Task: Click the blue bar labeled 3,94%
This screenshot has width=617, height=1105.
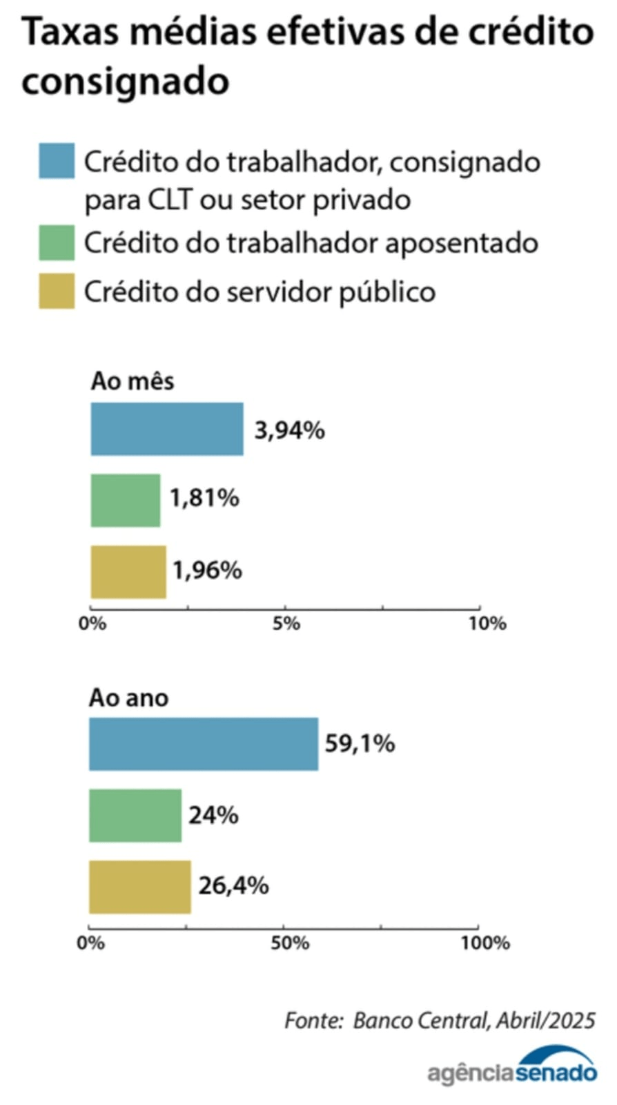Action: point(166,429)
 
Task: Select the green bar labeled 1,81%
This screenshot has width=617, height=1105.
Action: point(125,501)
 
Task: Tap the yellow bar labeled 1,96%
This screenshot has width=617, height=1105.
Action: point(128,572)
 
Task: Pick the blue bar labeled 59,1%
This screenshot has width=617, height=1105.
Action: point(204,744)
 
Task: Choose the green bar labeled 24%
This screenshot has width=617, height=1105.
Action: point(135,816)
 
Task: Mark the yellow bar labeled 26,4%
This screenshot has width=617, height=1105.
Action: point(139,887)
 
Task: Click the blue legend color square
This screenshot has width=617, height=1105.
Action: point(57,162)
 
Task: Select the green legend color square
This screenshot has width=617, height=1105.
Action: point(57,243)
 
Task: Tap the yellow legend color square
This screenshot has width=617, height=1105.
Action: point(57,291)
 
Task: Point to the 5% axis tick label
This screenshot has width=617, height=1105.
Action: point(286,624)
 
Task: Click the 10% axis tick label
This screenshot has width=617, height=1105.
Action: point(487,624)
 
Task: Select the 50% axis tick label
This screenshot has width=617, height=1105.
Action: point(290,943)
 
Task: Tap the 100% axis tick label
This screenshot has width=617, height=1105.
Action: point(485,943)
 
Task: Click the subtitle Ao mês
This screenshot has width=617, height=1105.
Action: point(133,381)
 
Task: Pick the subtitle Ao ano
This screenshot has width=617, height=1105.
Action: point(128,698)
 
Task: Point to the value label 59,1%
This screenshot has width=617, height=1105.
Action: point(360,744)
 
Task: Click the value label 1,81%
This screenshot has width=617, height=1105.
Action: point(204,498)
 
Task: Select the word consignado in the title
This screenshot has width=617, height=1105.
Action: point(125,81)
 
